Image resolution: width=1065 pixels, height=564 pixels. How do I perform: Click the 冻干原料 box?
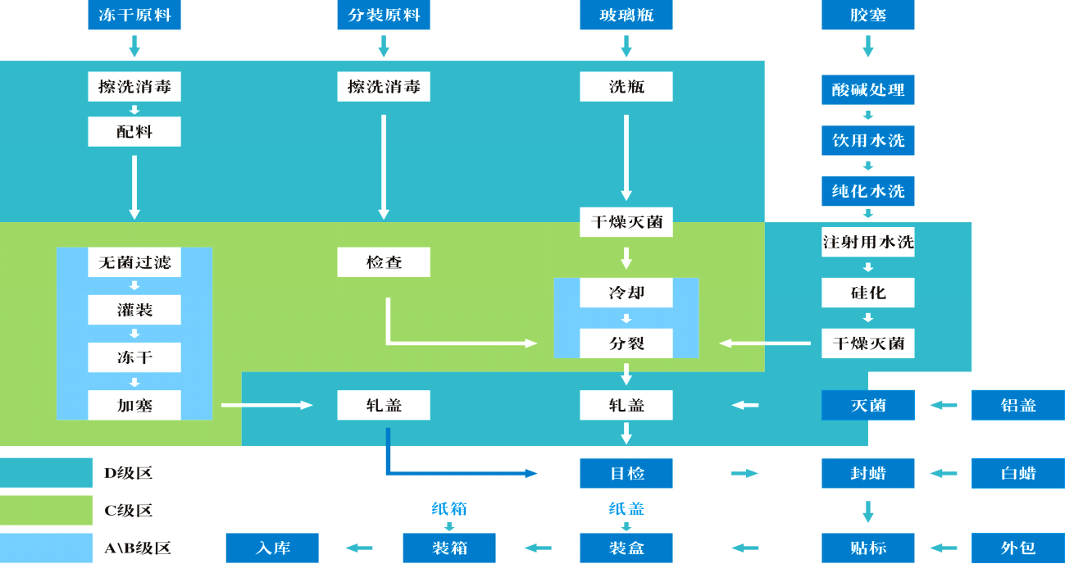coord(134,15)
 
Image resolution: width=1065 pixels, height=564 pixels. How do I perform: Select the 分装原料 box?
coord(384,15)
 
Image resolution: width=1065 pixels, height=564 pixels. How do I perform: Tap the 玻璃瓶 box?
coord(626,15)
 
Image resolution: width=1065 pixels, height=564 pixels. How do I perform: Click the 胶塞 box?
coord(868,15)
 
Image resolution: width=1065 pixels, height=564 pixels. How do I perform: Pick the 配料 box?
coord(134,131)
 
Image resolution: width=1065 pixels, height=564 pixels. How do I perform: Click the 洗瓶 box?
coord(626,87)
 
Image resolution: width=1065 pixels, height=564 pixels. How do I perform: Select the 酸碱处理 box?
coord(868,89)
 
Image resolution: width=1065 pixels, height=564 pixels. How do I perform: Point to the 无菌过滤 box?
coord(134,262)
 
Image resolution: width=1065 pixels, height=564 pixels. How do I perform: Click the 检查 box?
coord(384,262)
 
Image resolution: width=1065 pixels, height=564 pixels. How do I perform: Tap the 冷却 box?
coord(626,293)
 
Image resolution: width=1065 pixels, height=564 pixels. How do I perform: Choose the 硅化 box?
coord(868,293)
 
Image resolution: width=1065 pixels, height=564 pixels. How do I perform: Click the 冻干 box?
coord(134,357)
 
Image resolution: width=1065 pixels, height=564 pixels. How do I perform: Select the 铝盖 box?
coord(1017,405)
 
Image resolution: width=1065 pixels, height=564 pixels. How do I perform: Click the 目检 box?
coord(626,473)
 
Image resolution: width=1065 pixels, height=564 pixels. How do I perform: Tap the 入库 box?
coord(272,548)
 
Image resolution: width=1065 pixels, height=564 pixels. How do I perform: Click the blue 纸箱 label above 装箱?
coord(449,509)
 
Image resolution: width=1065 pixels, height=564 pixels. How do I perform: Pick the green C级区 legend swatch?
coord(47,511)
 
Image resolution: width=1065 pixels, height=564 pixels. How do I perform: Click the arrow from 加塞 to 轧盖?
coord(267,405)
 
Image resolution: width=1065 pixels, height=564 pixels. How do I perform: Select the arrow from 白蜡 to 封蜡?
coord(944,473)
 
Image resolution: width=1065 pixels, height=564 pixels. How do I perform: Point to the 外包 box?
coord(1017,548)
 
